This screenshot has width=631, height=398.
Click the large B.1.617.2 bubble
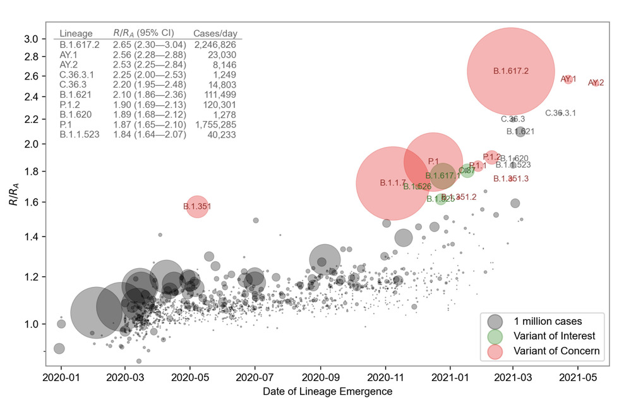pos(510,71)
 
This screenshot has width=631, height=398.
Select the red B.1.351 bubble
pos(197,206)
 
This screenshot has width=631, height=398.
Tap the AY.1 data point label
pos(568,79)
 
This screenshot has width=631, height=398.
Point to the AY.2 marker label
pos(596,83)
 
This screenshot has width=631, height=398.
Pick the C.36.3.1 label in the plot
pos(560,113)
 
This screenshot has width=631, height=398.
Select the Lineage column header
pos(76,33)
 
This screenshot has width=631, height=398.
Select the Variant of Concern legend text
pos(556,351)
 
